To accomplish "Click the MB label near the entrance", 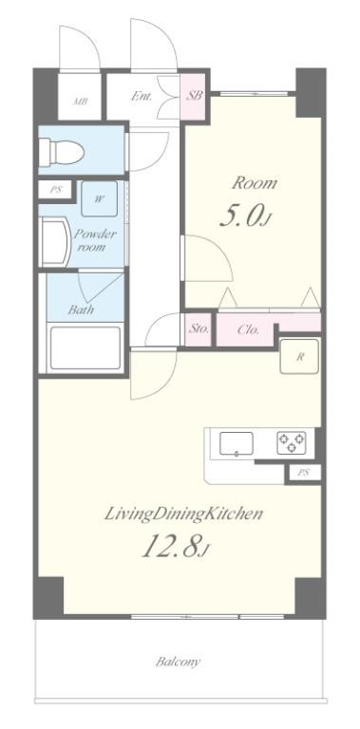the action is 81,102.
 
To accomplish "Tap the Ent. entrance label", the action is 141,97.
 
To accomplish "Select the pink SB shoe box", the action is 194,96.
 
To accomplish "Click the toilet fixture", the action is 62,151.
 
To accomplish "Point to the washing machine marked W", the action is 99,199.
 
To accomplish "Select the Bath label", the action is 81,309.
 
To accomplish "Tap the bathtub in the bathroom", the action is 85,348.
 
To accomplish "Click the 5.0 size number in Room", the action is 242,215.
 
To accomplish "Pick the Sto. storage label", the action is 199,329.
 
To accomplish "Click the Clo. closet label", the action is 248,330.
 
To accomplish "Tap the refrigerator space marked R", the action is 300,357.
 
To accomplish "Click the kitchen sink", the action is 237,444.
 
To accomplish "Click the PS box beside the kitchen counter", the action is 304,473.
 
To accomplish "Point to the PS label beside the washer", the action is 55,190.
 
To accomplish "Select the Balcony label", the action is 179,661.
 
